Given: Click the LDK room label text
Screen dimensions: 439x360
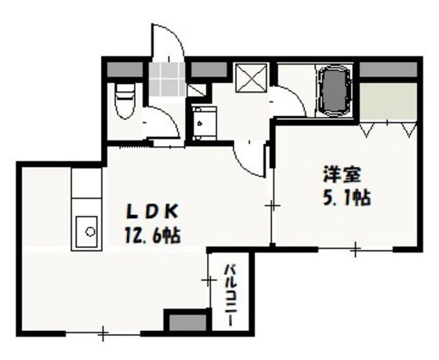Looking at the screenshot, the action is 152,212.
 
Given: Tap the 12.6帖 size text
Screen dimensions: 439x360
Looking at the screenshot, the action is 152,235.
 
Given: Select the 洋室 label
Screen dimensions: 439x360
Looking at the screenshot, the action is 342,175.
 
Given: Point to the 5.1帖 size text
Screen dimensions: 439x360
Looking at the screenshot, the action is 346,198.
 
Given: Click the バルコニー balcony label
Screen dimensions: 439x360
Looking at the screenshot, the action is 231,295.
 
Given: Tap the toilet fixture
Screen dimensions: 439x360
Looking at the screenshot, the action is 125,101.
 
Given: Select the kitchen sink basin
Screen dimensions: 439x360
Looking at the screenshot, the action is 87,232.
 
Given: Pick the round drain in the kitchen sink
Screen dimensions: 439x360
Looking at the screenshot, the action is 90,231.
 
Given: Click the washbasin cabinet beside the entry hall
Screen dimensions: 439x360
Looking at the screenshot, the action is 205,123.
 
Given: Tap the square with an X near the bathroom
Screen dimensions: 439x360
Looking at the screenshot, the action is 251,78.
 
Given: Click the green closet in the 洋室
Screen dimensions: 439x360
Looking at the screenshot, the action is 388,101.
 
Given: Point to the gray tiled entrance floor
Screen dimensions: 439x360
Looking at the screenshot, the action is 167,79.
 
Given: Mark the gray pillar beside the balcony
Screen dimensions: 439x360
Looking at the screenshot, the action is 188,322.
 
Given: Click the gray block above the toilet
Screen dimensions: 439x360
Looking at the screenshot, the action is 125,70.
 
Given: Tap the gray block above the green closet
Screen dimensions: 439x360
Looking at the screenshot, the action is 388,70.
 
